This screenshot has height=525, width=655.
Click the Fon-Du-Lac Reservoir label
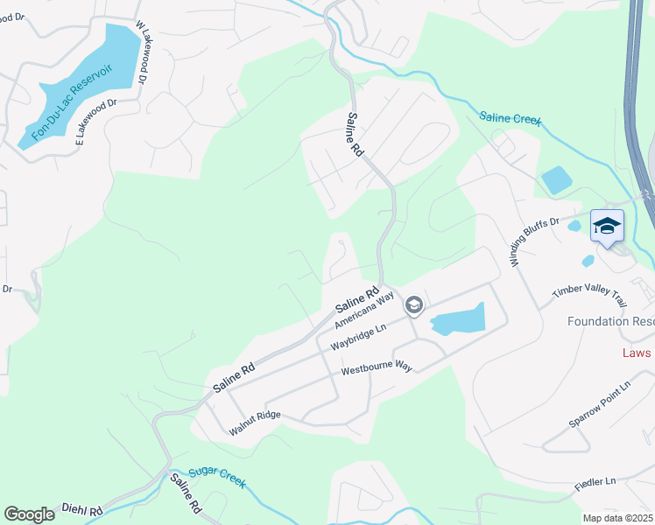coord(73,102)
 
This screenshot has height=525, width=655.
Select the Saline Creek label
coord(511,118)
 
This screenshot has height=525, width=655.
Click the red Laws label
coord(637,352)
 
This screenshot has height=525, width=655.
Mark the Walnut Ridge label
coord(255,423)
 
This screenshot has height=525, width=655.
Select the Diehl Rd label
coord(82,508)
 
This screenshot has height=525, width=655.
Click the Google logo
coord(29,514)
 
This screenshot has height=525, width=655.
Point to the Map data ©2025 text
coord(616,518)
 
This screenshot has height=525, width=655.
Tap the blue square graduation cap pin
coord(607,226)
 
